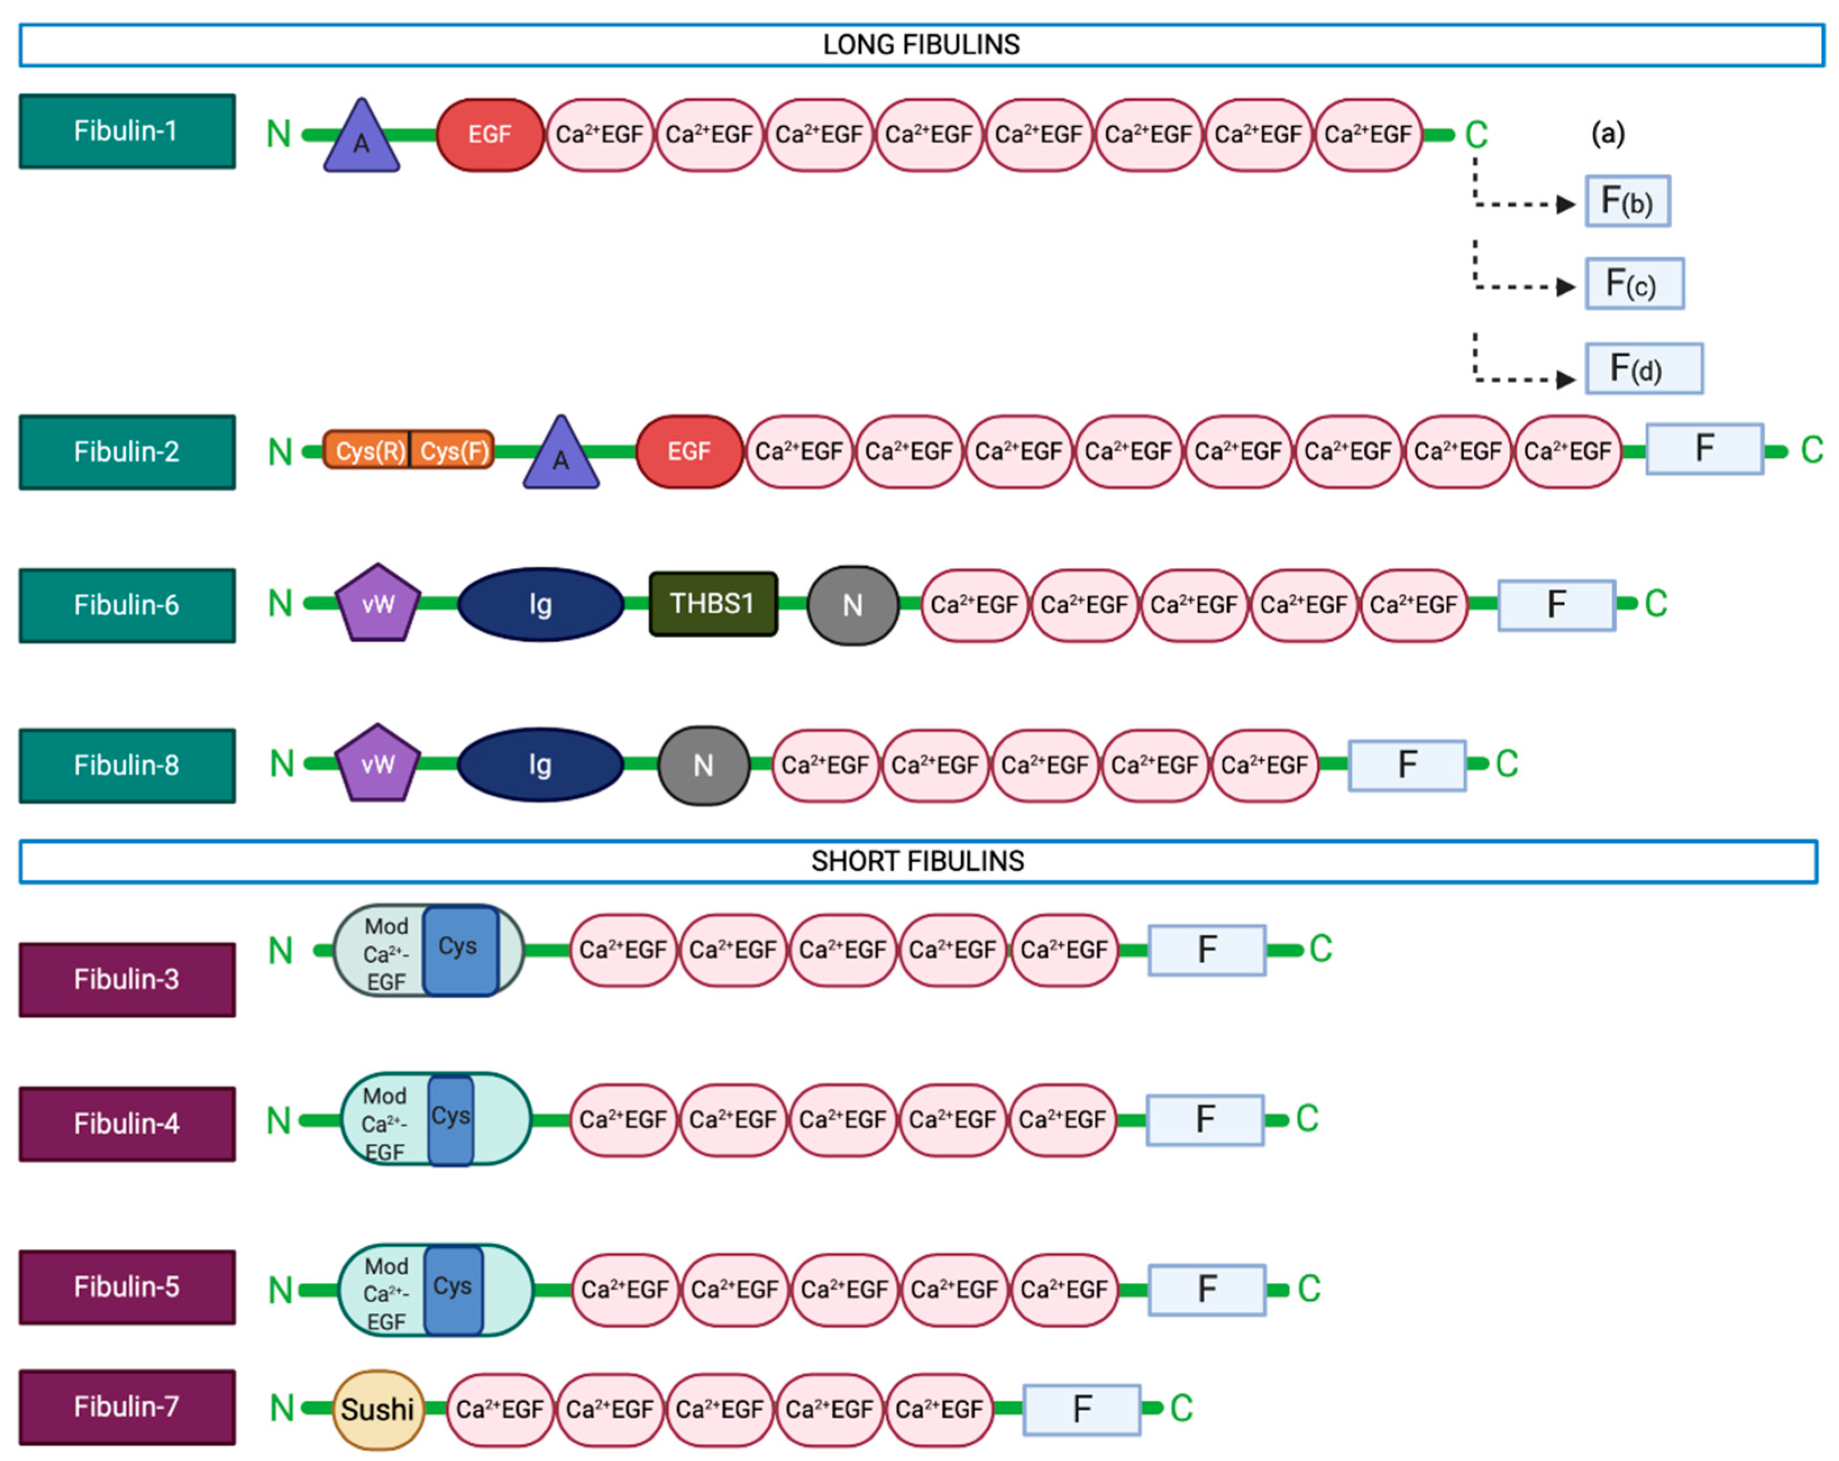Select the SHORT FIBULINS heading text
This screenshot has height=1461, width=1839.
(x=917, y=861)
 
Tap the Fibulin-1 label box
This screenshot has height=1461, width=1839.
(x=127, y=131)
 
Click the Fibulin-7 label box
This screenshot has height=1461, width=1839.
(x=127, y=1407)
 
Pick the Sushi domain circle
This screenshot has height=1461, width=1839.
(x=377, y=1409)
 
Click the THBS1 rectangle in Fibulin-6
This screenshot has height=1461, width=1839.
(x=713, y=604)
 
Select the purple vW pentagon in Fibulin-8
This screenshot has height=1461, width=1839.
(x=377, y=764)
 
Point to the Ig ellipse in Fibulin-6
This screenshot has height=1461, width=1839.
(x=540, y=604)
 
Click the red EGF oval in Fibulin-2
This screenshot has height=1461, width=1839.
(x=689, y=451)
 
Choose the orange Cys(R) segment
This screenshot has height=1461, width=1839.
(x=368, y=451)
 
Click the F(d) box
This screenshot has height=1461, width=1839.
(x=1644, y=369)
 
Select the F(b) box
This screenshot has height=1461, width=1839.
(x=1627, y=201)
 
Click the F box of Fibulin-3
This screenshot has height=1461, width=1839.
(x=1206, y=949)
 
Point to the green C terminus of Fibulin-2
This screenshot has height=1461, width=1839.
(x=1812, y=451)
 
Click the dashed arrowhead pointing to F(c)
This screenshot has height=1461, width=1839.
(x=1565, y=287)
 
